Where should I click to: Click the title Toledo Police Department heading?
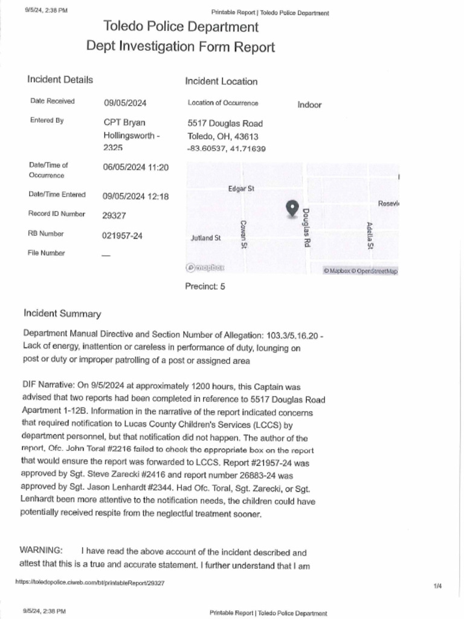(x=181, y=27)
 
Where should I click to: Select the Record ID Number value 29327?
(x=114, y=215)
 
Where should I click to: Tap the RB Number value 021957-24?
(x=122, y=236)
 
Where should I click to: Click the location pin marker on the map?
(x=292, y=209)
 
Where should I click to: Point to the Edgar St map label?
(x=241, y=189)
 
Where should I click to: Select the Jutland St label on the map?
(x=205, y=238)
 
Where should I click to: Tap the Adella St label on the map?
(x=370, y=236)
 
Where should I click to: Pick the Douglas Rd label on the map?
(x=306, y=227)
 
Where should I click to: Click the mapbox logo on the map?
(x=205, y=268)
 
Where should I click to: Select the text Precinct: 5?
(x=205, y=287)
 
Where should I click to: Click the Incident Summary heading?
(x=62, y=313)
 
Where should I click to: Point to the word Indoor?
(x=309, y=105)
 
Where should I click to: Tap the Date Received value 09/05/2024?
(x=125, y=103)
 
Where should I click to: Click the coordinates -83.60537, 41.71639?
(x=227, y=148)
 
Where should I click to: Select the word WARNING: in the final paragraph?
(x=40, y=550)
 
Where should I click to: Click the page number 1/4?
(x=437, y=586)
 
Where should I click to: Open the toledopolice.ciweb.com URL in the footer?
(x=89, y=583)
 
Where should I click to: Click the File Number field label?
(x=47, y=253)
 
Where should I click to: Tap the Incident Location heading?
(x=221, y=81)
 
